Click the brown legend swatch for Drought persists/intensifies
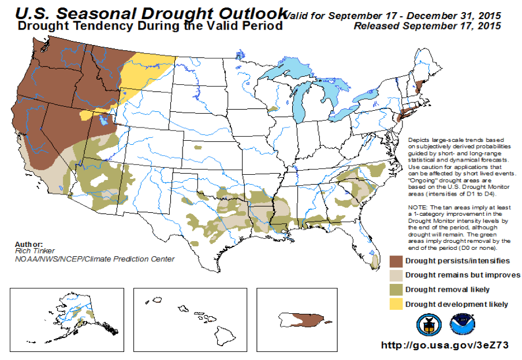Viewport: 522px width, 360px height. pyautogui.click(x=396, y=261)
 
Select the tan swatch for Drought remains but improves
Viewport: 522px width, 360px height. pyautogui.click(x=396, y=275)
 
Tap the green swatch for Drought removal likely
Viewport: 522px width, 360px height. pyautogui.click(x=396, y=290)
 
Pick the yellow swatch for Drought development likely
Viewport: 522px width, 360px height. pyautogui.click(x=396, y=304)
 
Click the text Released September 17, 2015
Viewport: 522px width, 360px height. pyautogui.click(x=427, y=26)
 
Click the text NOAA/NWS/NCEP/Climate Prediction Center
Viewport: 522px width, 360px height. pyautogui.click(x=95, y=259)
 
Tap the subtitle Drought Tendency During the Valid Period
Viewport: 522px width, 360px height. pyautogui.click(x=150, y=26)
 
